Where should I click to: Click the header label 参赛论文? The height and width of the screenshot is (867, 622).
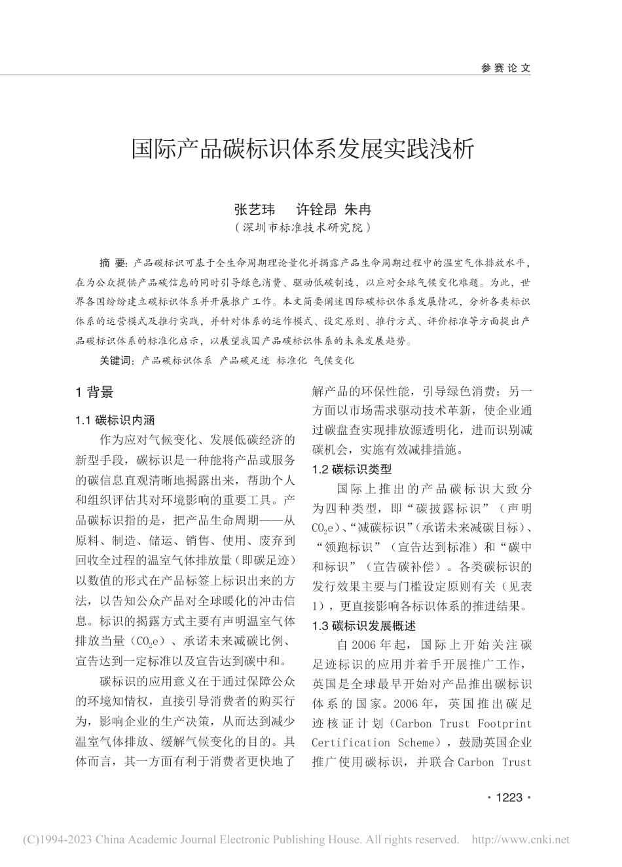click(x=505, y=67)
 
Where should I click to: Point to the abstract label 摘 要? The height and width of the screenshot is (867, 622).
click(x=113, y=264)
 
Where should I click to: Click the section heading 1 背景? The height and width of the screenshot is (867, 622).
click(x=95, y=392)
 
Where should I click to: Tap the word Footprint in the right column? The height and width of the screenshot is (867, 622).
click(x=505, y=724)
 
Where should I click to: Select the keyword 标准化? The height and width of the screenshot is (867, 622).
click(x=292, y=360)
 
